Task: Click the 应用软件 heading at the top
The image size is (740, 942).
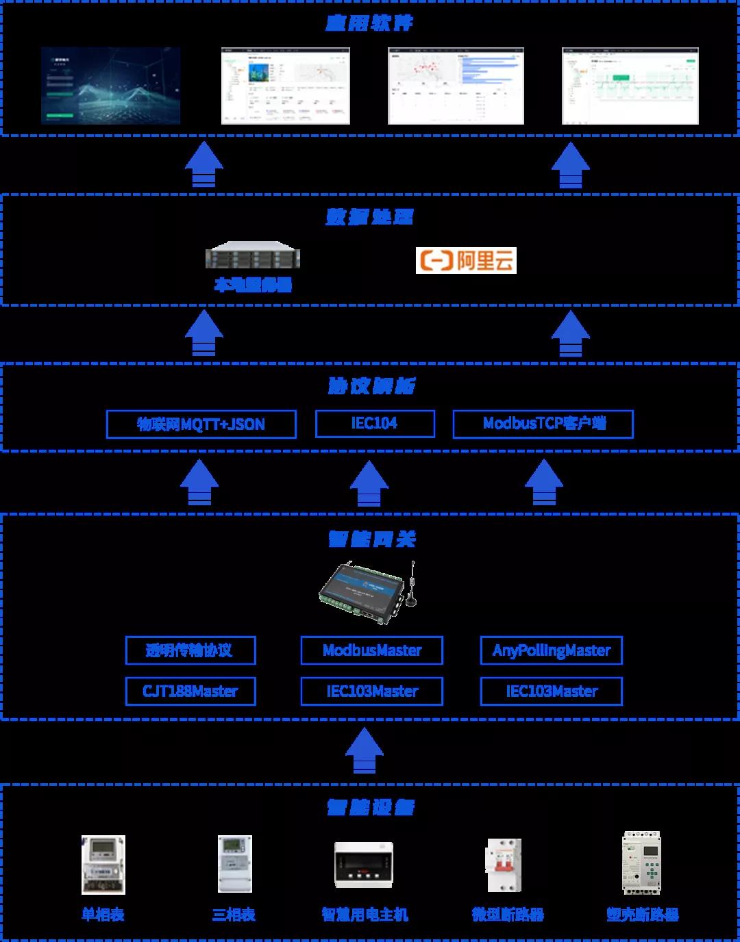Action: click(x=369, y=23)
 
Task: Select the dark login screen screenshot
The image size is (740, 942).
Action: click(x=110, y=86)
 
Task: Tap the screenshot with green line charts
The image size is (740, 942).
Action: click(x=630, y=86)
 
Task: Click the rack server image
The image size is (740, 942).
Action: click(x=253, y=255)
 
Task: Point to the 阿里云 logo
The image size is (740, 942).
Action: click(x=466, y=260)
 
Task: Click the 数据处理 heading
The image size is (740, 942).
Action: click(x=369, y=217)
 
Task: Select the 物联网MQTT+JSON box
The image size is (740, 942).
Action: click(x=201, y=424)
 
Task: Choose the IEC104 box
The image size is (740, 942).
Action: click(x=375, y=424)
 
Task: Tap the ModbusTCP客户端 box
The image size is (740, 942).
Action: click(x=543, y=424)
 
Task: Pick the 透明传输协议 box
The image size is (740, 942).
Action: click(x=190, y=650)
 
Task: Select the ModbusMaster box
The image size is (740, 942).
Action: click(x=371, y=650)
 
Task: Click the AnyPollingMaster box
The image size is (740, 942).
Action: click(x=551, y=650)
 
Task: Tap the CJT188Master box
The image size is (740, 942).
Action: click(x=190, y=691)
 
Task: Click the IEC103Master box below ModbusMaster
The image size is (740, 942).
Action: click(x=371, y=691)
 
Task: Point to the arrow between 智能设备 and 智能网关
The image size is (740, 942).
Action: click(x=364, y=751)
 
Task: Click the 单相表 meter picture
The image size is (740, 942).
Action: click(x=103, y=865)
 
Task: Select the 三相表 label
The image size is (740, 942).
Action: click(x=234, y=915)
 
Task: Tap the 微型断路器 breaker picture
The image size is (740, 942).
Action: click(x=504, y=865)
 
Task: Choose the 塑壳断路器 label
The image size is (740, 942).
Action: click(x=642, y=915)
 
